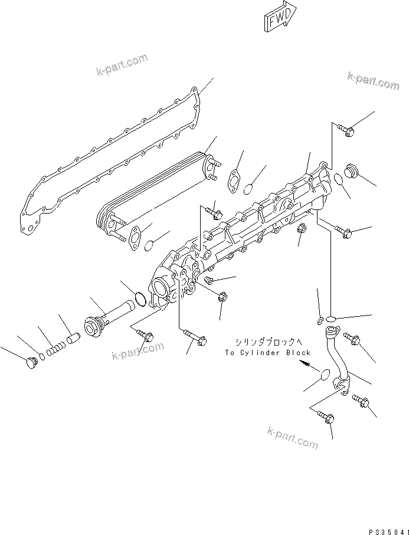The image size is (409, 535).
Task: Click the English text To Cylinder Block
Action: [267, 353]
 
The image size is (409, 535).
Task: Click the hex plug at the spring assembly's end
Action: [31, 363]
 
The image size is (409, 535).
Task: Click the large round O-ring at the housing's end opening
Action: [140, 299]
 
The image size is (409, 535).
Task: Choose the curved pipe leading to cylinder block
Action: [336, 360]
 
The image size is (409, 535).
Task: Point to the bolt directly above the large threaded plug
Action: [347, 130]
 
